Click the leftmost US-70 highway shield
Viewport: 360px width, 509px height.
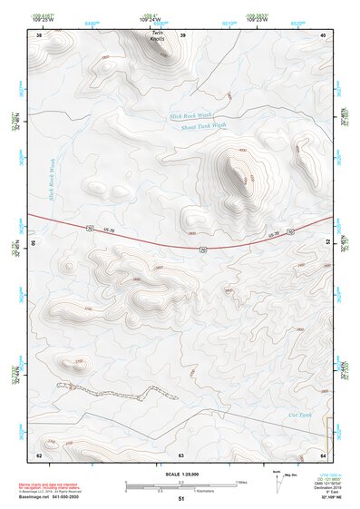pos(89,228)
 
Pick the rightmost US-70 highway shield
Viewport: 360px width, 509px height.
pos(290,233)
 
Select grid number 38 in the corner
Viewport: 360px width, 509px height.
pos(38,34)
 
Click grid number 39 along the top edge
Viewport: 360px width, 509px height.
pos(183,34)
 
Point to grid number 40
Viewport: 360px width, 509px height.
pos(324,34)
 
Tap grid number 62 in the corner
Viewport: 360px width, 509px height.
pos(38,454)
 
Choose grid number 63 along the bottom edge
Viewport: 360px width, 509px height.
pos(181,454)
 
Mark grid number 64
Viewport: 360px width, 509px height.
pos(324,454)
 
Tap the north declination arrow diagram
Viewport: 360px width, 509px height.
pos(277,481)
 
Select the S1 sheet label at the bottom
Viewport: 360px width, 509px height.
pos(180,498)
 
